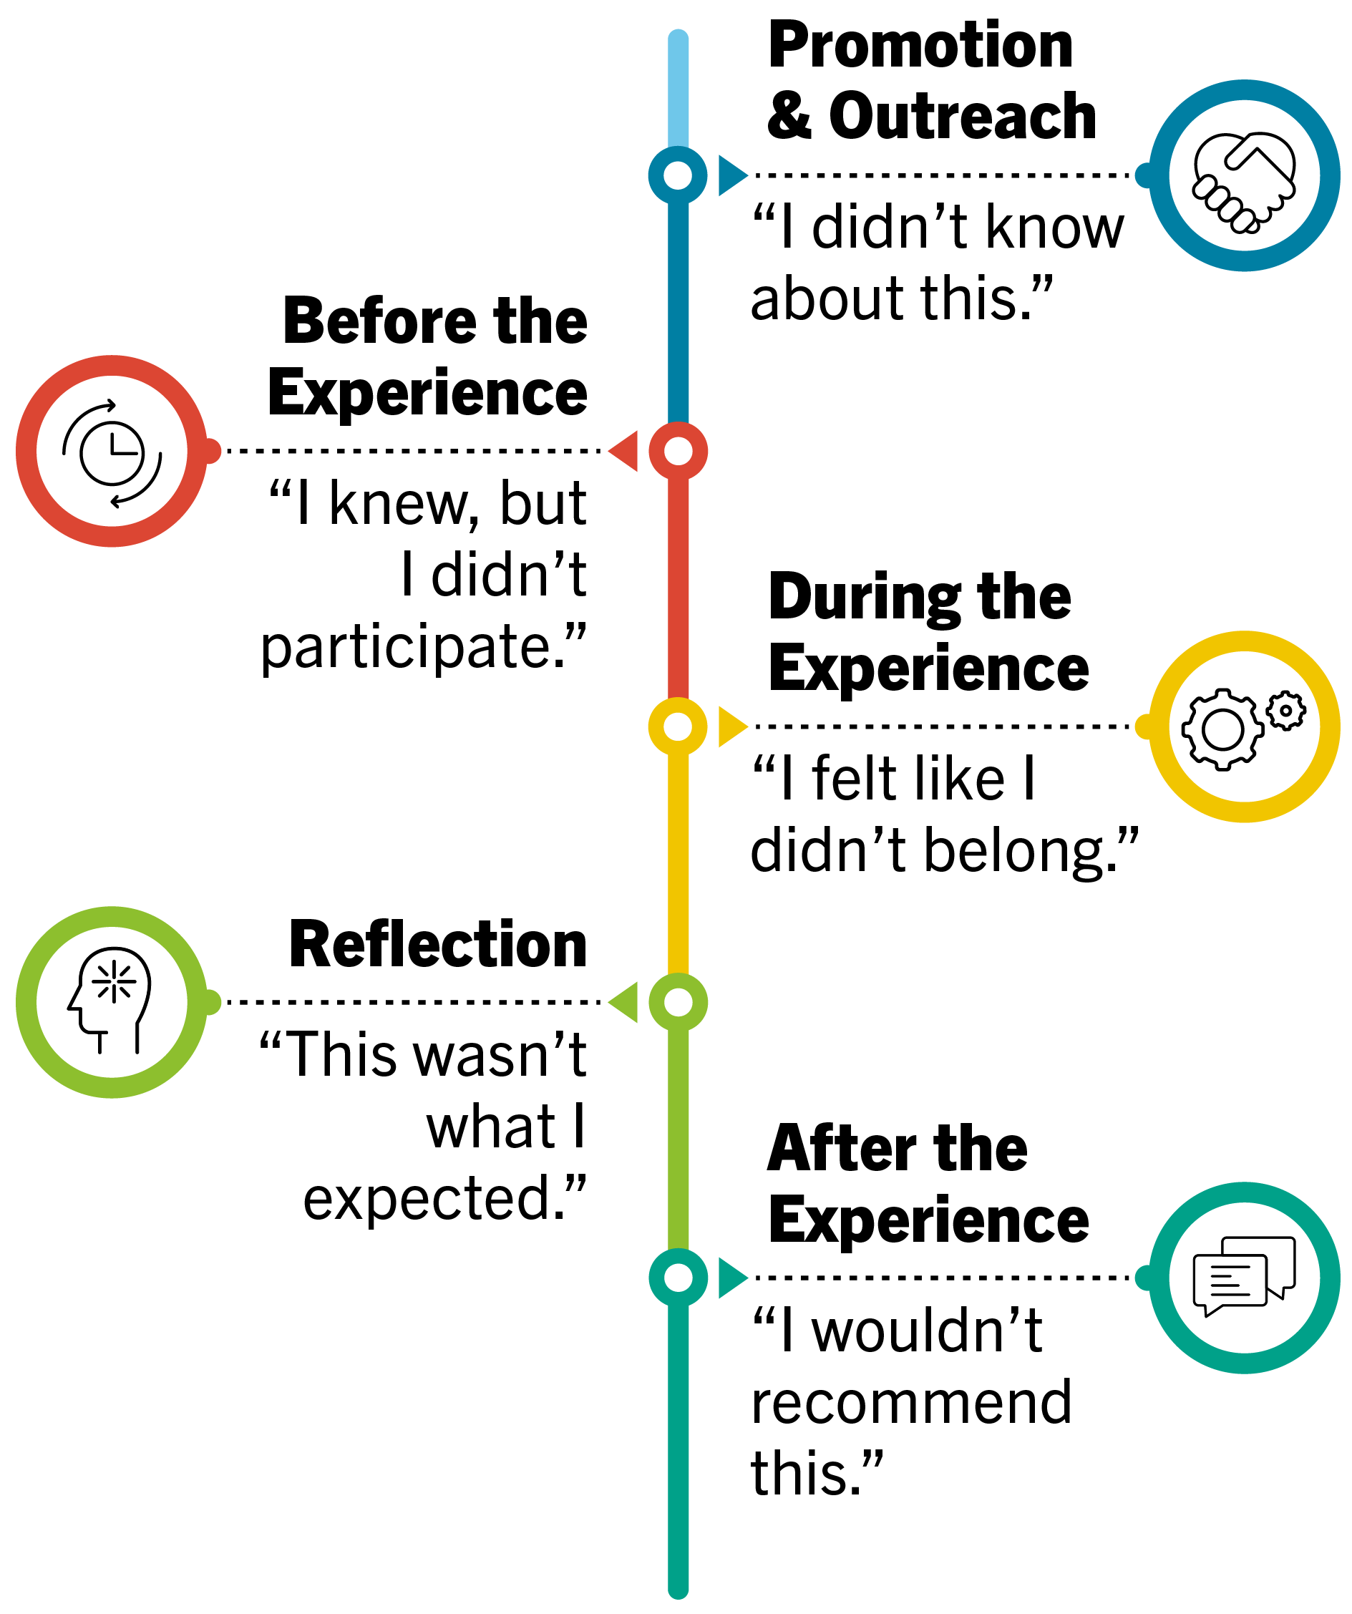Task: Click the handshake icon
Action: pyautogui.click(x=1244, y=182)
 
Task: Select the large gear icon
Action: pyautogui.click(x=1222, y=729)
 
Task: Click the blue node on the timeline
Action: pyautogui.click(x=677, y=175)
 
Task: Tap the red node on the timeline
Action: pyautogui.click(x=677, y=451)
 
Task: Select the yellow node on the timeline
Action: pyautogui.click(x=677, y=726)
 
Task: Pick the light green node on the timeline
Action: pyautogui.click(x=677, y=1002)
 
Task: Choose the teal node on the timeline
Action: pyautogui.click(x=677, y=1278)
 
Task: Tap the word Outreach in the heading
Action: pyautogui.click(x=963, y=117)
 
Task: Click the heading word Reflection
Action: pyautogui.click(x=438, y=945)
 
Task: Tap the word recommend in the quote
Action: pyautogui.click(x=912, y=1402)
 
